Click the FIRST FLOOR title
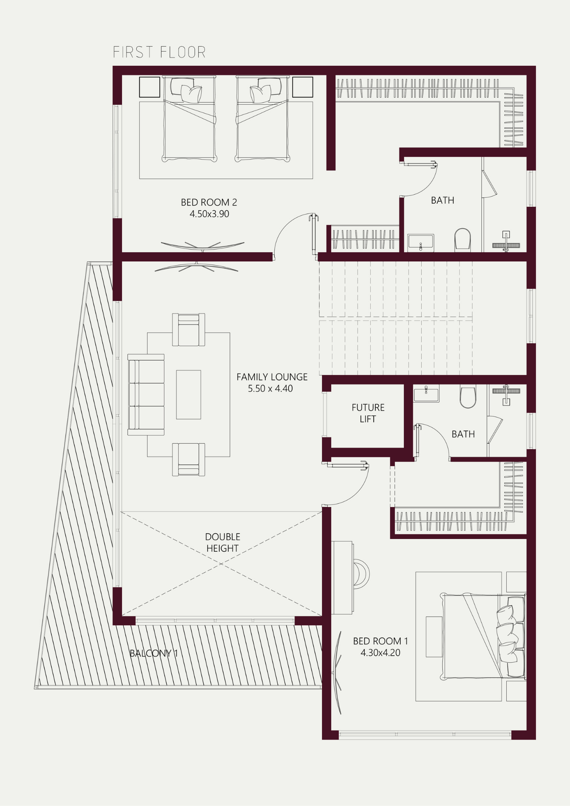(159, 52)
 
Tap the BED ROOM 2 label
(209, 202)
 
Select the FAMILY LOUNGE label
(272, 377)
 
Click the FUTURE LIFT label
(368, 413)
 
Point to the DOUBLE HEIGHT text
(223, 542)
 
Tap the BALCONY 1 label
(154, 653)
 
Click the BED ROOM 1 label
(381, 641)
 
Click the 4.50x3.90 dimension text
(209, 214)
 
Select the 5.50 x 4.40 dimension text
(270, 388)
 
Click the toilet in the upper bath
(463, 239)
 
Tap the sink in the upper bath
(420, 243)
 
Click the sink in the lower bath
(426, 393)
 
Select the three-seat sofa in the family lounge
(146, 395)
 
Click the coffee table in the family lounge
(189, 395)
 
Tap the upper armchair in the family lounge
(189, 330)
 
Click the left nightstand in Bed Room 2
(150, 87)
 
